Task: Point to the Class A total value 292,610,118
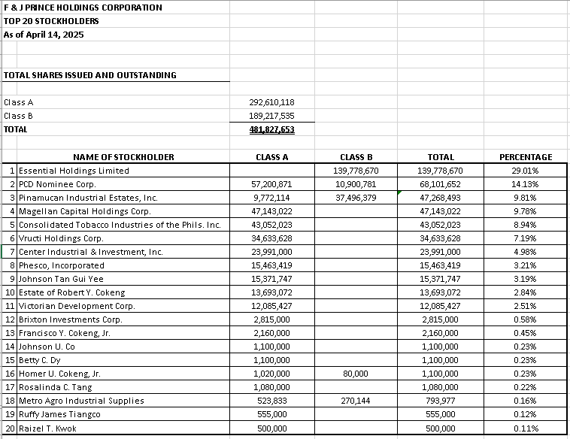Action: coord(271,102)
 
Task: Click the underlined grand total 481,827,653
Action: coord(271,129)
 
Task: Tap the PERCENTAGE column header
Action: coord(526,157)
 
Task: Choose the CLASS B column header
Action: coord(356,157)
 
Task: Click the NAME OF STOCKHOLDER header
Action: coord(123,157)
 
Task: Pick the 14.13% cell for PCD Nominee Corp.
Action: coord(525,184)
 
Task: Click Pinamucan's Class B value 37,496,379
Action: coord(356,198)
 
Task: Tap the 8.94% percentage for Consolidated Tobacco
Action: coord(525,225)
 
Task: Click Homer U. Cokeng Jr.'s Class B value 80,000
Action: coord(356,374)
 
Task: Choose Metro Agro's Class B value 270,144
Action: coord(356,401)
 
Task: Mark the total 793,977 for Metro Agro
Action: coord(440,401)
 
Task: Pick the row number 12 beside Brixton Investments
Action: coord(10,319)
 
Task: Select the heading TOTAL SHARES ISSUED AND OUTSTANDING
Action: coord(90,75)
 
